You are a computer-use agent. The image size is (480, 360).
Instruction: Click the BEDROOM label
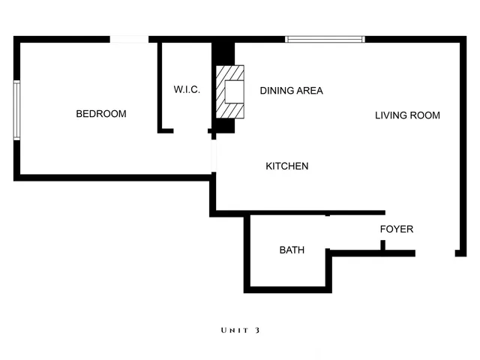tap(101, 114)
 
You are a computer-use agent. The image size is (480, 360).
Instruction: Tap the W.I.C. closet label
tap(187, 90)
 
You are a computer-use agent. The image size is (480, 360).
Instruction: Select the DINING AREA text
tap(291, 91)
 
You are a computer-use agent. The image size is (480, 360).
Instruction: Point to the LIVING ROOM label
tap(407, 115)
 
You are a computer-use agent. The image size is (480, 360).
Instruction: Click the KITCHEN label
tap(287, 166)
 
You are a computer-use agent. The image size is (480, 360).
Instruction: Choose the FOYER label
tap(396, 229)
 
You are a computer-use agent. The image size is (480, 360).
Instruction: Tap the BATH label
tap(292, 250)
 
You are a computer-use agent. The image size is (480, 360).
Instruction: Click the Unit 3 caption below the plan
tap(240, 330)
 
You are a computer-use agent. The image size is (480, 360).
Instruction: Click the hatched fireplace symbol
tap(231, 91)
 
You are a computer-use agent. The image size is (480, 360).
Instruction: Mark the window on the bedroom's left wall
tap(16, 109)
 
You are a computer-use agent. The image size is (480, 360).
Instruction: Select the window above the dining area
tap(325, 39)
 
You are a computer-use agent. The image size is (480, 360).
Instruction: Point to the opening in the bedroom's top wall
tap(129, 39)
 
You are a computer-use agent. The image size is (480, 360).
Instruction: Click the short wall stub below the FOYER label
tap(382, 245)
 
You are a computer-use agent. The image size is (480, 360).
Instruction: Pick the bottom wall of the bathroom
tap(285, 289)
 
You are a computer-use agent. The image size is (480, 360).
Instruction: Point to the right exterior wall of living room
tap(460, 142)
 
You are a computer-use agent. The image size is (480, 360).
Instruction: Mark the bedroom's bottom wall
tap(112, 178)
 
